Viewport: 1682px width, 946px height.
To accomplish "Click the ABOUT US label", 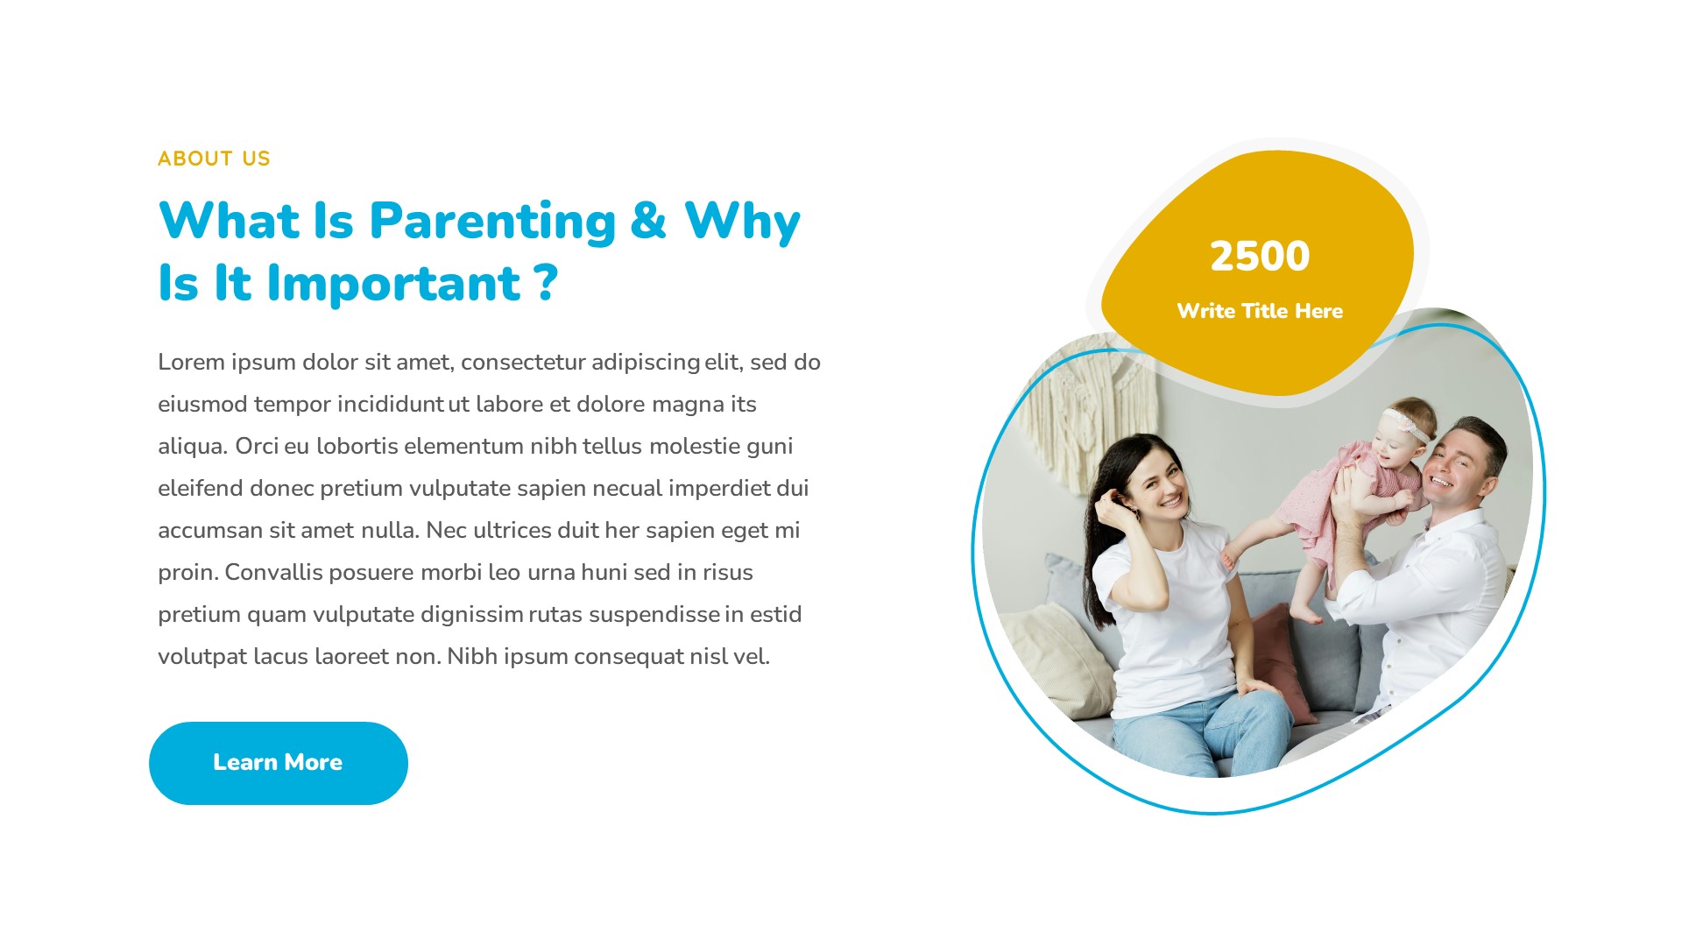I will click(x=214, y=159).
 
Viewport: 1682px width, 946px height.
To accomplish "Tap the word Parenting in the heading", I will click(x=492, y=221).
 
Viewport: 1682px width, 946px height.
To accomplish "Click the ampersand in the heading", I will click(x=647, y=221).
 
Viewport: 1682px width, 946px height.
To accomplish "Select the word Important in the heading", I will click(x=393, y=284).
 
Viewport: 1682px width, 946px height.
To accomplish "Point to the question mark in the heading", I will click(x=545, y=282).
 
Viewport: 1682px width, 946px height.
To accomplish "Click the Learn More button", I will click(x=278, y=763).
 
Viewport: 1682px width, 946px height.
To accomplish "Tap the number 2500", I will click(x=1259, y=257).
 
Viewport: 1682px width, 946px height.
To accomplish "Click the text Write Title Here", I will click(x=1259, y=311).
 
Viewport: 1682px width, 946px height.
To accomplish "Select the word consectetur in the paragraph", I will click(x=523, y=362).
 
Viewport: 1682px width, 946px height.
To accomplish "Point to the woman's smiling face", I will click(x=1158, y=486).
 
